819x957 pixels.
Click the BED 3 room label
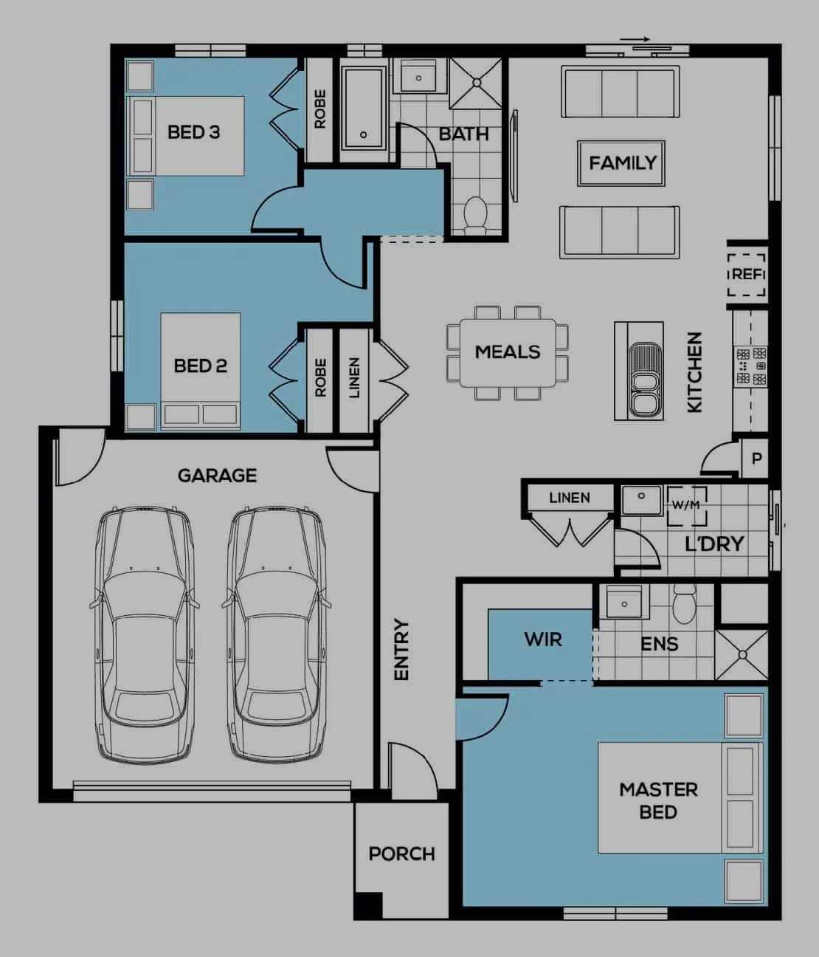(x=193, y=132)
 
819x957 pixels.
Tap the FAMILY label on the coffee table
(x=623, y=163)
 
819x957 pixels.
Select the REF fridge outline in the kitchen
(x=747, y=275)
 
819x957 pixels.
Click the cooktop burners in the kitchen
(x=751, y=367)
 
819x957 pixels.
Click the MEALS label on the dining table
(x=508, y=352)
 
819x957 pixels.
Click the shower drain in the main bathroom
(x=477, y=83)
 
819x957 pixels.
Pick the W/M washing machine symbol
(x=687, y=506)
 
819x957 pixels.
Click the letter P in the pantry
(x=756, y=459)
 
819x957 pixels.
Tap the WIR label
(x=543, y=640)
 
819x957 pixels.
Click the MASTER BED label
(x=658, y=801)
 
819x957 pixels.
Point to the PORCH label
(x=401, y=854)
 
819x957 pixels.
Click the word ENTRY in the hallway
(x=401, y=650)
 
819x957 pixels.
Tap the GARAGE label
(x=217, y=476)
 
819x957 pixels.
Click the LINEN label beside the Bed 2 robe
(x=354, y=378)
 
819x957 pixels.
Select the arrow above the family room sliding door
(x=635, y=39)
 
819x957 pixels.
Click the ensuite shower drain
(x=743, y=655)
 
